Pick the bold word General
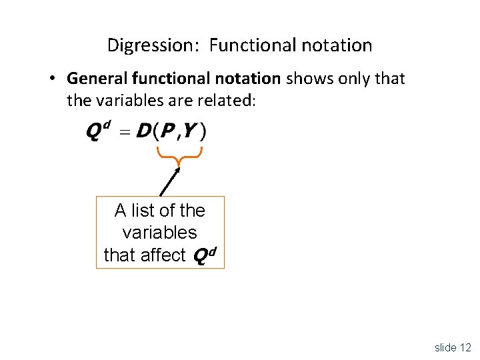97,79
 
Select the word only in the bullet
352,79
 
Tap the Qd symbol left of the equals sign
98,131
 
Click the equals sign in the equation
125,133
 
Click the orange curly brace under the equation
179,155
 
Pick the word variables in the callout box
160,233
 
